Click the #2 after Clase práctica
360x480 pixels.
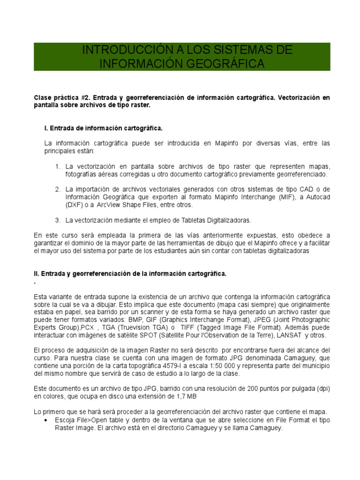point(85,97)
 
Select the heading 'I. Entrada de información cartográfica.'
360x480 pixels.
point(103,127)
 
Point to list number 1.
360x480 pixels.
point(58,166)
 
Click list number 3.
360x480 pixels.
point(58,219)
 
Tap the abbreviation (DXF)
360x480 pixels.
point(75,205)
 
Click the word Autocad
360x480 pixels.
point(317,197)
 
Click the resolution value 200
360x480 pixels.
point(255,388)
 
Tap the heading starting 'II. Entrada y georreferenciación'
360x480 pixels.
point(130,274)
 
